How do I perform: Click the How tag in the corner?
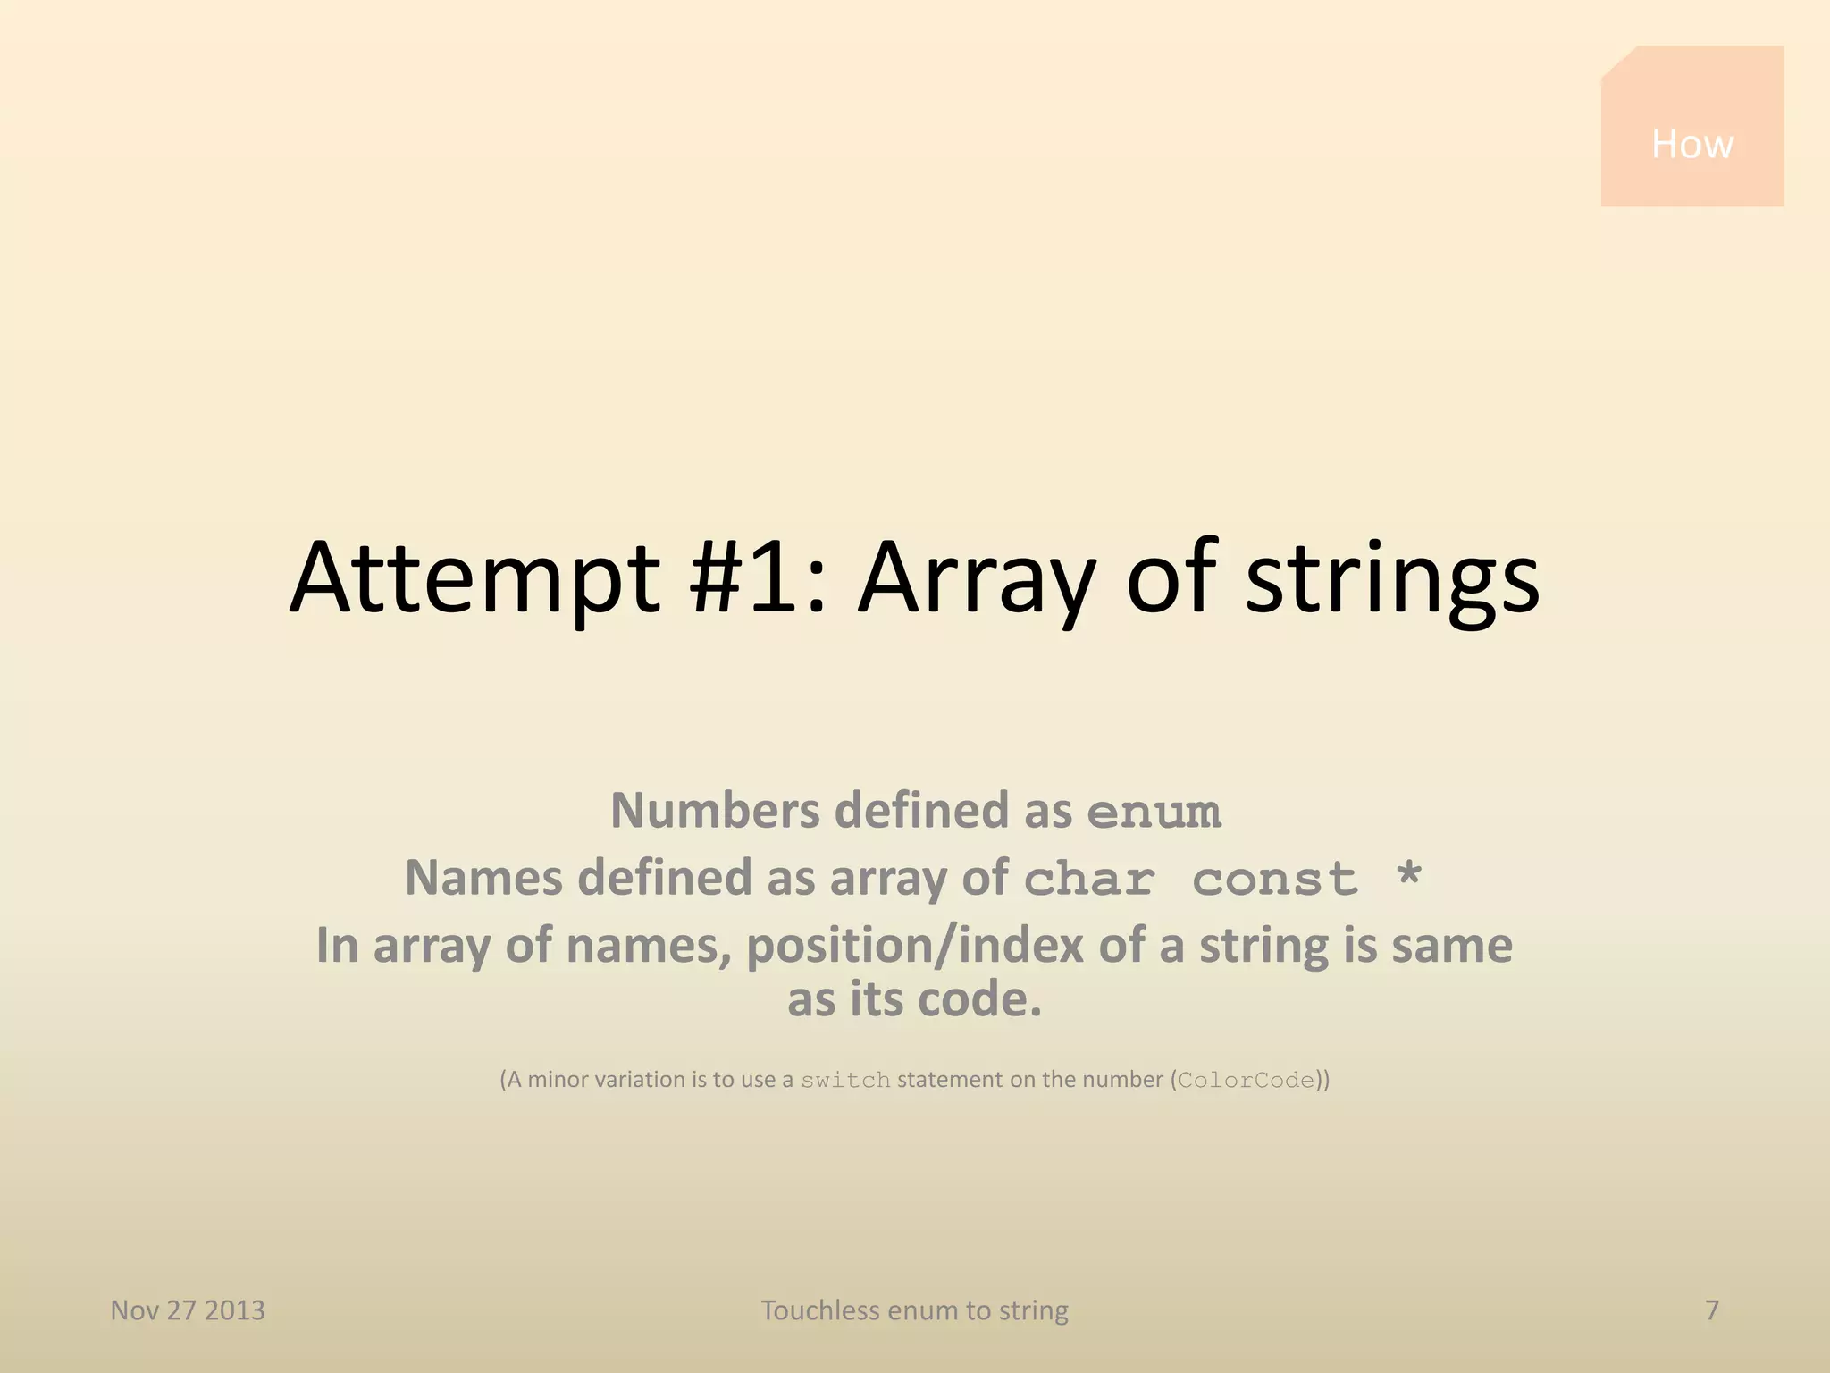point(1691,143)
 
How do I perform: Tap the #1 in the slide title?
point(744,578)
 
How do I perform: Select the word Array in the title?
point(977,578)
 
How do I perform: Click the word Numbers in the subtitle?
point(715,811)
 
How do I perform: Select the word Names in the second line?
point(483,878)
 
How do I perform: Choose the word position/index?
point(915,947)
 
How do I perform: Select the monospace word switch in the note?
point(845,1081)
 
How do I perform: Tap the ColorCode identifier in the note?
point(1247,1081)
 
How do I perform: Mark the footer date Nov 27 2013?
point(188,1310)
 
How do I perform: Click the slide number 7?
point(1712,1310)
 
